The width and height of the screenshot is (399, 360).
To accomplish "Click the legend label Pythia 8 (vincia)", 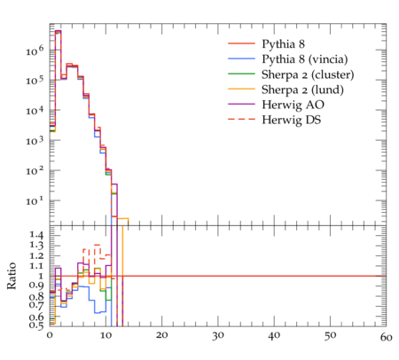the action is (305, 59).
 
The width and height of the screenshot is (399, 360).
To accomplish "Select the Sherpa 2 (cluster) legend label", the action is (308, 74).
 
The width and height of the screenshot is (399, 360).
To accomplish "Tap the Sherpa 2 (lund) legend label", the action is (302, 90).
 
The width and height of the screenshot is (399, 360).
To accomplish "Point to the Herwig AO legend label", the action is (293, 105).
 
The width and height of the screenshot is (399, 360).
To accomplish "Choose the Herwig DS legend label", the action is (292, 120).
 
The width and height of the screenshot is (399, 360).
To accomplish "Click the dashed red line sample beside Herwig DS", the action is (241, 119).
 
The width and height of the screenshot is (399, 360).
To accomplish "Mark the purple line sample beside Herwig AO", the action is (241, 104).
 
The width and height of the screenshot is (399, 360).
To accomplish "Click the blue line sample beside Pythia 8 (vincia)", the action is (241, 59).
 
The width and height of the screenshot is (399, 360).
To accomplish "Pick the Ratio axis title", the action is (12, 276).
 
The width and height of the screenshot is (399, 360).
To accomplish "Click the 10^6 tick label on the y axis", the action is (35, 51).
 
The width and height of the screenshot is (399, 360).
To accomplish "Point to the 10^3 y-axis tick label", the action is (35, 140).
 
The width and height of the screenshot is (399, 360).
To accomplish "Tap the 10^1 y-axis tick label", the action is (35, 200).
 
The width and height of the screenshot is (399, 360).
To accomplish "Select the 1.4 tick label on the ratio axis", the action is (36, 236).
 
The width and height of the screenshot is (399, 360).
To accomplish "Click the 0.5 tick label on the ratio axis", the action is (36, 325).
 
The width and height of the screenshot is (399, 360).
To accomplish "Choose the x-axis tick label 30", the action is (218, 336).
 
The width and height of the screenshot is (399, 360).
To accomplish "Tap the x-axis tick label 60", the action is (386, 337).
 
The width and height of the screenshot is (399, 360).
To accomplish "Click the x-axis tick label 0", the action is (50, 335).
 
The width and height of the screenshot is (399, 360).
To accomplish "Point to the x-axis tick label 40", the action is (274, 336).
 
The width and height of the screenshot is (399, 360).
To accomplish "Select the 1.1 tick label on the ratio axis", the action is (36, 266).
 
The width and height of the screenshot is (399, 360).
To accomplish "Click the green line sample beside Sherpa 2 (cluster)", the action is (241, 74).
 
